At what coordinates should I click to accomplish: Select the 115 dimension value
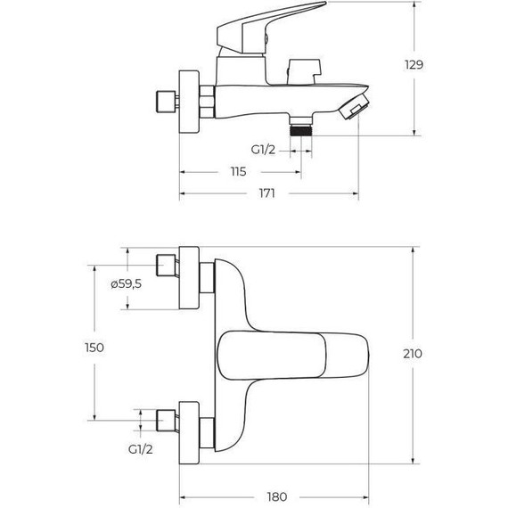(238, 171)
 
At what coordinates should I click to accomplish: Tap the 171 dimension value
(266, 193)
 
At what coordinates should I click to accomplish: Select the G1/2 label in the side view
(263, 151)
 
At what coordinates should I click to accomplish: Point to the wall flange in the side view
(190, 100)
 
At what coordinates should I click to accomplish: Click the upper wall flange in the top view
(191, 277)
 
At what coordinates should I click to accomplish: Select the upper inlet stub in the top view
(166, 266)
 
